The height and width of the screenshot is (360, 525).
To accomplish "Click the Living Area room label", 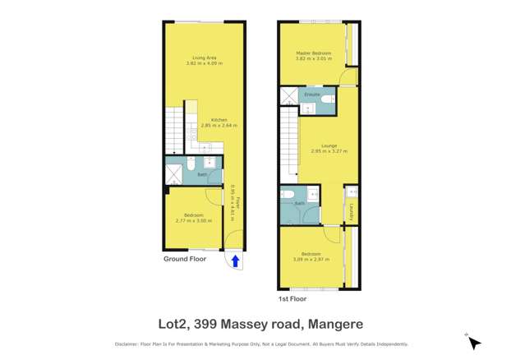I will (x=205, y=57).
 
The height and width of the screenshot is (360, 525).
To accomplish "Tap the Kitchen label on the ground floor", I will (x=219, y=120).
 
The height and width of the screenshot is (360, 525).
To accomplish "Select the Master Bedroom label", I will (x=312, y=53).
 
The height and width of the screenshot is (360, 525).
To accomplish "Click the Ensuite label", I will (x=311, y=95).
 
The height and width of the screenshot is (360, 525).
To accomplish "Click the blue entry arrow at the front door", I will (x=235, y=261).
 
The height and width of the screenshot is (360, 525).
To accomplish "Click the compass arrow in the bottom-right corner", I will (x=473, y=343).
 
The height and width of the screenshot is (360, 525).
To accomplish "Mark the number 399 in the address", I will (x=212, y=325).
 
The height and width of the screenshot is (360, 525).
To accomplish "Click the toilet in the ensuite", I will (x=327, y=99).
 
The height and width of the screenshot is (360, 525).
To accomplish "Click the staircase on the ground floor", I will (x=176, y=132).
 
